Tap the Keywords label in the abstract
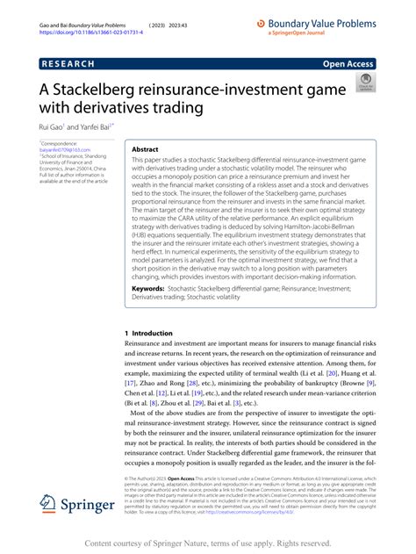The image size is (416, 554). (152, 288)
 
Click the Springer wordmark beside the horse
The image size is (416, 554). (89, 506)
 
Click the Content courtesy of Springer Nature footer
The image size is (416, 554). (208, 543)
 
